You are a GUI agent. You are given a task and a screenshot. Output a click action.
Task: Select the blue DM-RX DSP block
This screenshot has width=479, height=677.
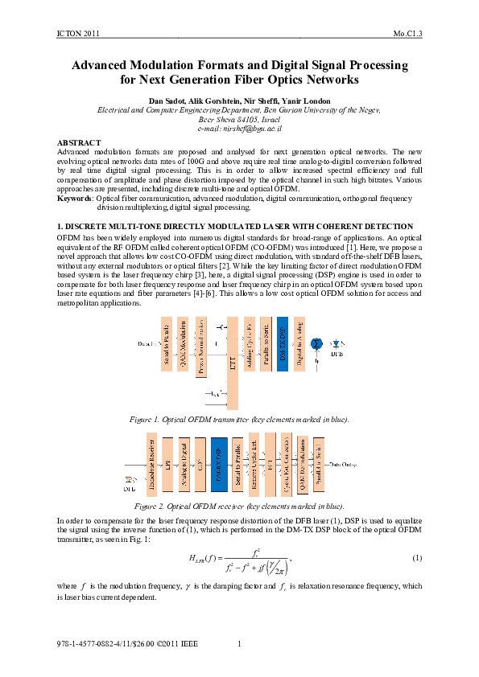218,464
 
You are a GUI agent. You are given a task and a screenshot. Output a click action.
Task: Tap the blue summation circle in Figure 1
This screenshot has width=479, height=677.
316,343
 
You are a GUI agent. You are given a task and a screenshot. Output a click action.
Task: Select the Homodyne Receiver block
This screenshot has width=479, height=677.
151,464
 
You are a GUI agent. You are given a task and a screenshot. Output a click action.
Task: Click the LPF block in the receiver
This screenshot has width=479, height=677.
168,464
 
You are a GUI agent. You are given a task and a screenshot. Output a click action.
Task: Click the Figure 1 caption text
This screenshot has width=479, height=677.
239,419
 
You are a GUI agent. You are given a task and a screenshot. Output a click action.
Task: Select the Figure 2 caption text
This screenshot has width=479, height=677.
239,507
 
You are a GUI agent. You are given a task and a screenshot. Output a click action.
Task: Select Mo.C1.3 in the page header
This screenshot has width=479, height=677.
407,33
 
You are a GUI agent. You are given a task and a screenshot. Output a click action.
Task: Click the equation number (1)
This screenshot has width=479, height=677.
417,535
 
